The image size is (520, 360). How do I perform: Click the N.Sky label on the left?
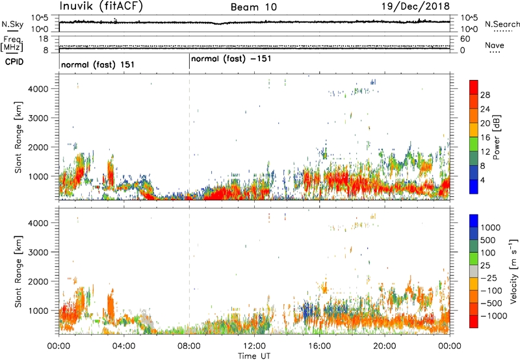point(10,24)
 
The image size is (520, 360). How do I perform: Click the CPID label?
point(12,62)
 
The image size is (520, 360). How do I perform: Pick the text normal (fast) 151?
point(93,65)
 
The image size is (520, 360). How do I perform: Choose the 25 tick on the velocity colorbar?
point(486,267)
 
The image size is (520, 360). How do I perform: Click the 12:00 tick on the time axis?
point(254,345)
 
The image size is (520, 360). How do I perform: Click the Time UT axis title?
point(254,355)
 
